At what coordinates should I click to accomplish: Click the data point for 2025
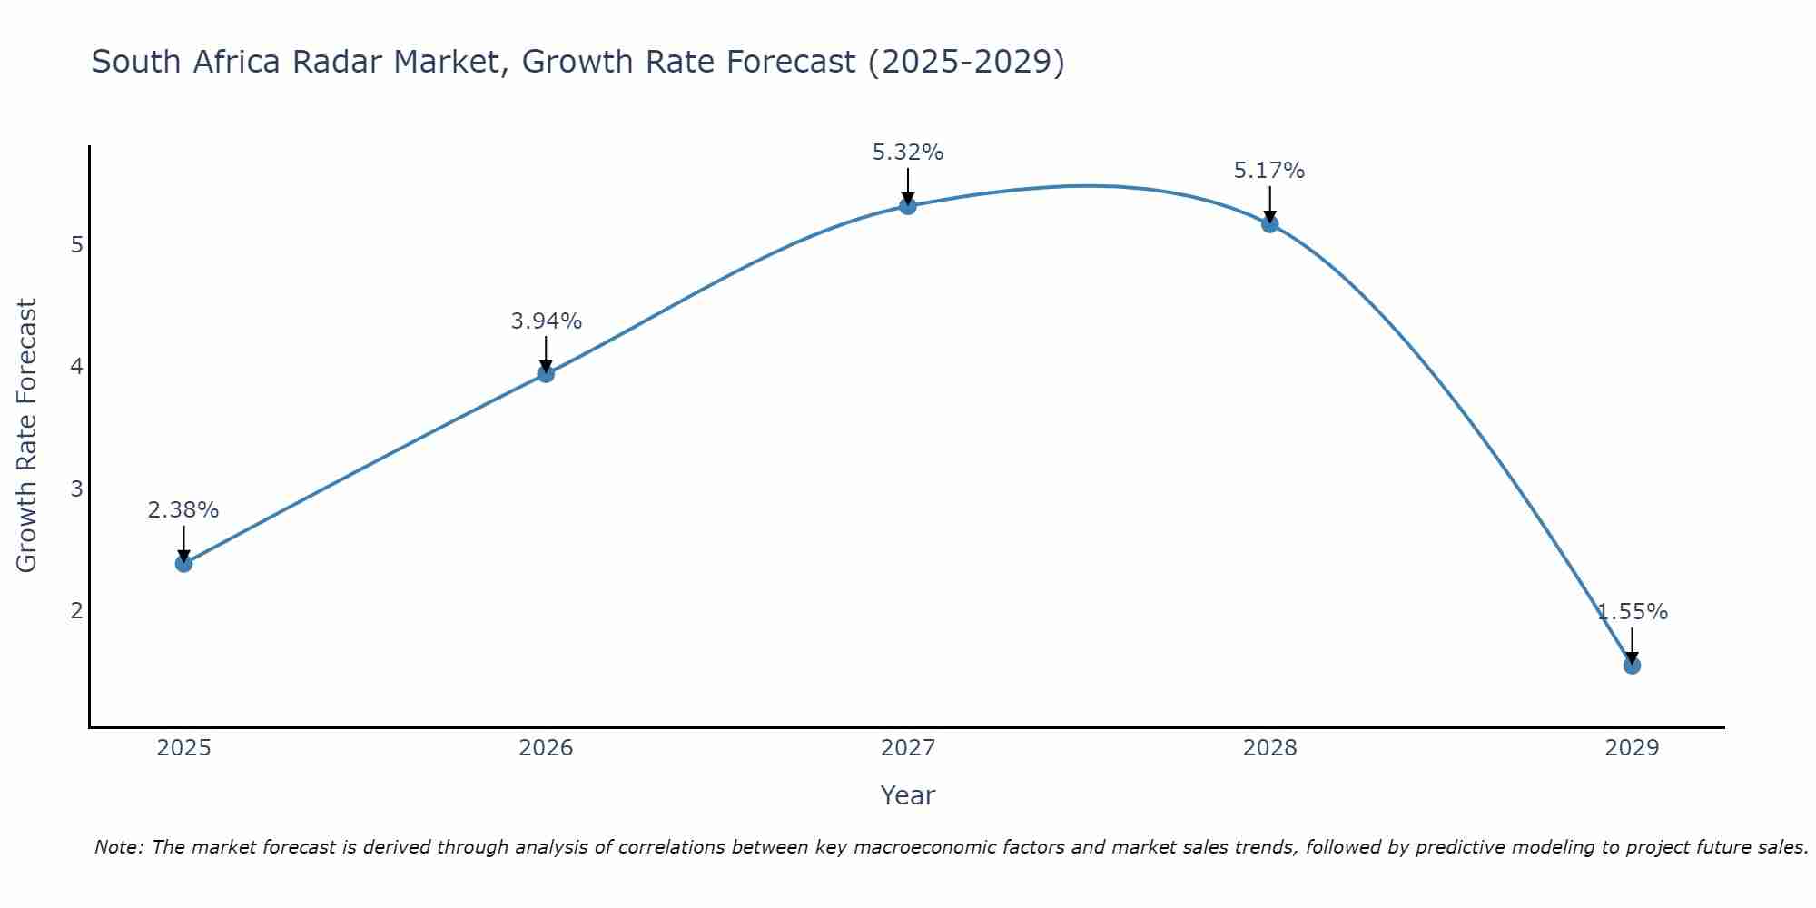pyautogui.click(x=183, y=564)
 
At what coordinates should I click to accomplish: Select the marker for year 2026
pyautogui.click(x=546, y=374)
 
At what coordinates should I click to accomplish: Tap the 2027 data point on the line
pyautogui.click(x=908, y=206)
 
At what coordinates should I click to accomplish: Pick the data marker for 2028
pyautogui.click(x=1269, y=224)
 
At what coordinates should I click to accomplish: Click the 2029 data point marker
pyautogui.click(x=1632, y=666)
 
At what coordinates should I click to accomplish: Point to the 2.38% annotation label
pyautogui.click(x=183, y=510)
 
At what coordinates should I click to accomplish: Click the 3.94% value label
pyautogui.click(x=546, y=321)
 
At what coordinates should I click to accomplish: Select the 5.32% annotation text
pyautogui.click(x=908, y=153)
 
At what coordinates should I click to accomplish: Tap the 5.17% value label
pyautogui.click(x=1269, y=171)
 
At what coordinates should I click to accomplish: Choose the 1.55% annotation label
pyautogui.click(x=1633, y=612)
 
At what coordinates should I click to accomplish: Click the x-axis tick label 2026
pyautogui.click(x=546, y=748)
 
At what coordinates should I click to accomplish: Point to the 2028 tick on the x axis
pyautogui.click(x=1269, y=748)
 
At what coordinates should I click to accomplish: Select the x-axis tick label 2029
pyautogui.click(x=1632, y=748)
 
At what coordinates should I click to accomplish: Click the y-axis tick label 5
pyautogui.click(x=77, y=245)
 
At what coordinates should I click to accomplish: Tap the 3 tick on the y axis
pyautogui.click(x=77, y=489)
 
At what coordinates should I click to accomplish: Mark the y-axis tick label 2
pyautogui.click(x=77, y=611)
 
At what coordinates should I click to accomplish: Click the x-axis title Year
pyautogui.click(x=908, y=795)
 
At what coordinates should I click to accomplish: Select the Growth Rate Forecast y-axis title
pyautogui.click(x=27, y=436)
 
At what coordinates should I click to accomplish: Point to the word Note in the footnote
pyautogui.click(x=118, y=847)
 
